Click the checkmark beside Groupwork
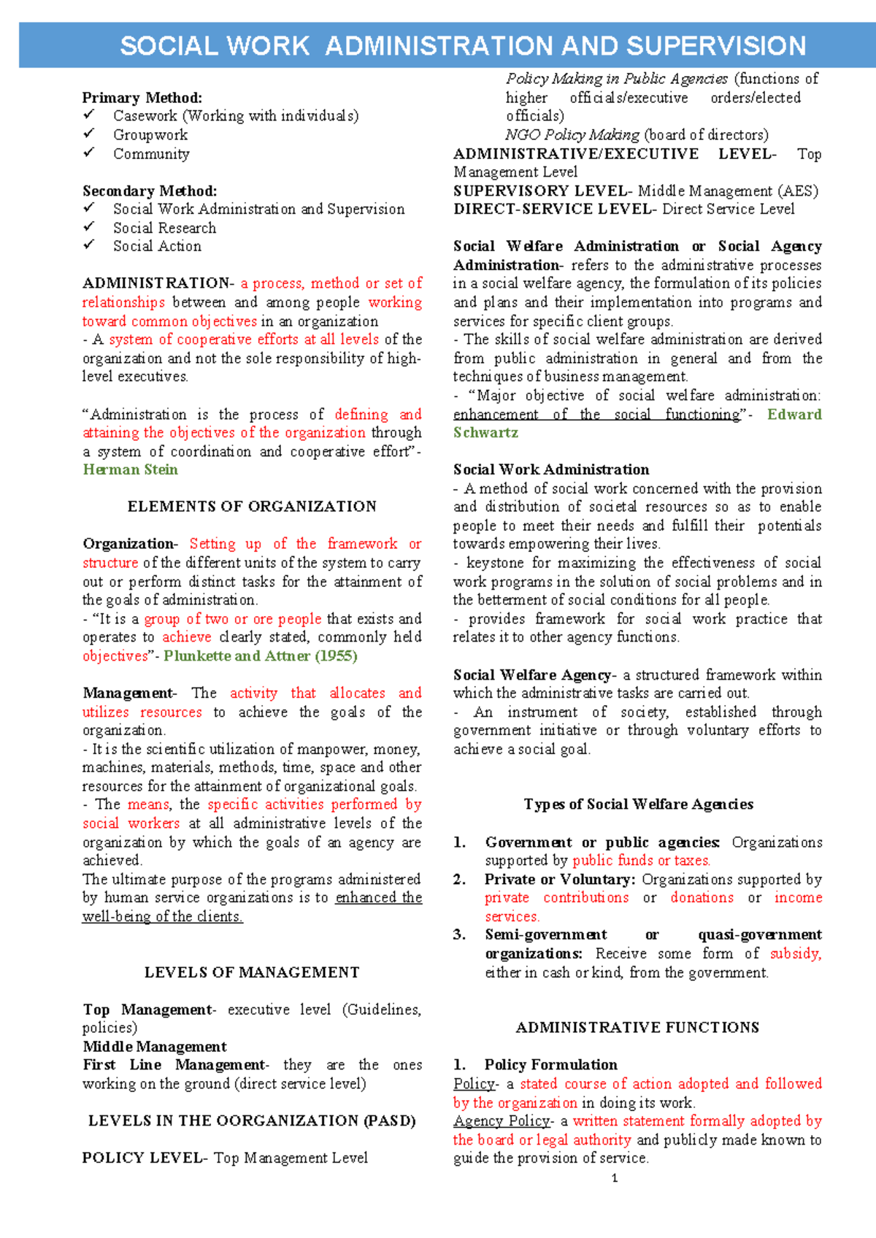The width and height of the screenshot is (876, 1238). coord(89,134)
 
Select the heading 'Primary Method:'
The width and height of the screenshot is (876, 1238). coord(142,98)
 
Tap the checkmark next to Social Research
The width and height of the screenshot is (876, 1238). coord(89,226)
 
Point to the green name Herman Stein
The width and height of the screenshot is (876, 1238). coord(130,470)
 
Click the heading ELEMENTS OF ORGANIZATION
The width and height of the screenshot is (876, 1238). coord(252,507)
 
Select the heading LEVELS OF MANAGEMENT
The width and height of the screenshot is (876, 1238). coord(252,972)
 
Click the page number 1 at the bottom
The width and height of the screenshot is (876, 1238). coord(615,1177)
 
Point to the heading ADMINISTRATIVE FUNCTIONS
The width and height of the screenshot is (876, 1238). coord(637,1028)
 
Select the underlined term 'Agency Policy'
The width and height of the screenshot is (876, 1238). coord(502,1121)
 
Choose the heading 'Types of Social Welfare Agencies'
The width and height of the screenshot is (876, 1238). coord(638,804)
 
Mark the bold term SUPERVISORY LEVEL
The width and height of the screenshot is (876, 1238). coord(539,191)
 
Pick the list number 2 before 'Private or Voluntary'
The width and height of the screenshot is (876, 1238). coord(459,880)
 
